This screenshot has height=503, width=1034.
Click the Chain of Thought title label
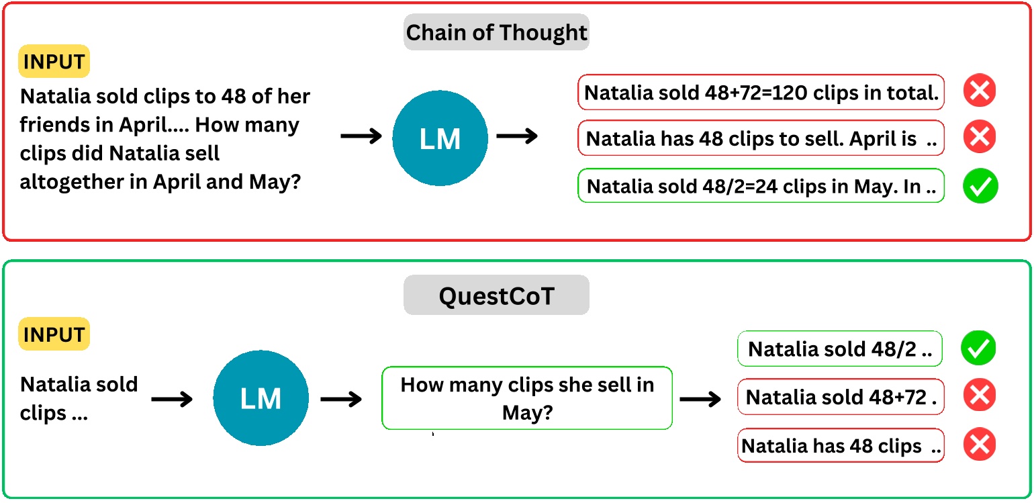pos(496,32)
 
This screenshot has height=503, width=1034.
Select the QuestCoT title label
pos(496,295)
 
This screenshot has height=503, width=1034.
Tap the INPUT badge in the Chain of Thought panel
pos(54,62)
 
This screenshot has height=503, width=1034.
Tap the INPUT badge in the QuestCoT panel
pos(54,334)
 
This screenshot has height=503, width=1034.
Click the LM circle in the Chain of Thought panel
pos(440,138)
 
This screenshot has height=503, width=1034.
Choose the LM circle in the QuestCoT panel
pos(261,399)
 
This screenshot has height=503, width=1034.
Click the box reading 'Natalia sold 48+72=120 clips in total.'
pos(761,93)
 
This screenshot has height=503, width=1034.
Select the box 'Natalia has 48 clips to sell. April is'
pos(761,139)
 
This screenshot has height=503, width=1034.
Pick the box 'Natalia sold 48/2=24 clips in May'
pos(761,186)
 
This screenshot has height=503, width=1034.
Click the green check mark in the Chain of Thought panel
pos(980,186)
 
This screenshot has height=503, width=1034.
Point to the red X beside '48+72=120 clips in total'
pos(980,91)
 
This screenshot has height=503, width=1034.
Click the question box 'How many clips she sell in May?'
pos(526,398)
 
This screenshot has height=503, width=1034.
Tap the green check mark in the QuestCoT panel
pos(978,348)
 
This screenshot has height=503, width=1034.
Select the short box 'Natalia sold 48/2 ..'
pos(839,349)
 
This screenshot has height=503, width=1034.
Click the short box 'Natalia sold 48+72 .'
pos(841,397)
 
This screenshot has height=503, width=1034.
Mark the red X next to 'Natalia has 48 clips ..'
pos(978,445)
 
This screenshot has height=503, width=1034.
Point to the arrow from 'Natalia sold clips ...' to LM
pos(172,400)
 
